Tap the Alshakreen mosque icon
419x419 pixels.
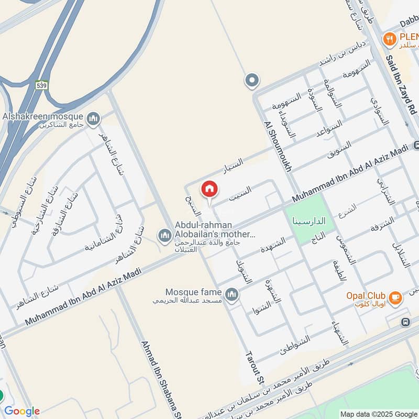(x=94, y=119)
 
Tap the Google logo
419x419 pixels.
(x=21, y=411)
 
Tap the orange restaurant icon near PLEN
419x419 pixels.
(x=389, y=38)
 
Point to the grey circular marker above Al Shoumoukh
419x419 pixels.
(x=252, y=81)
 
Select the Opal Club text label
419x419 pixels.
(x=366, y=295)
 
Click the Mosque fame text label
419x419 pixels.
(x=193, y=291)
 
